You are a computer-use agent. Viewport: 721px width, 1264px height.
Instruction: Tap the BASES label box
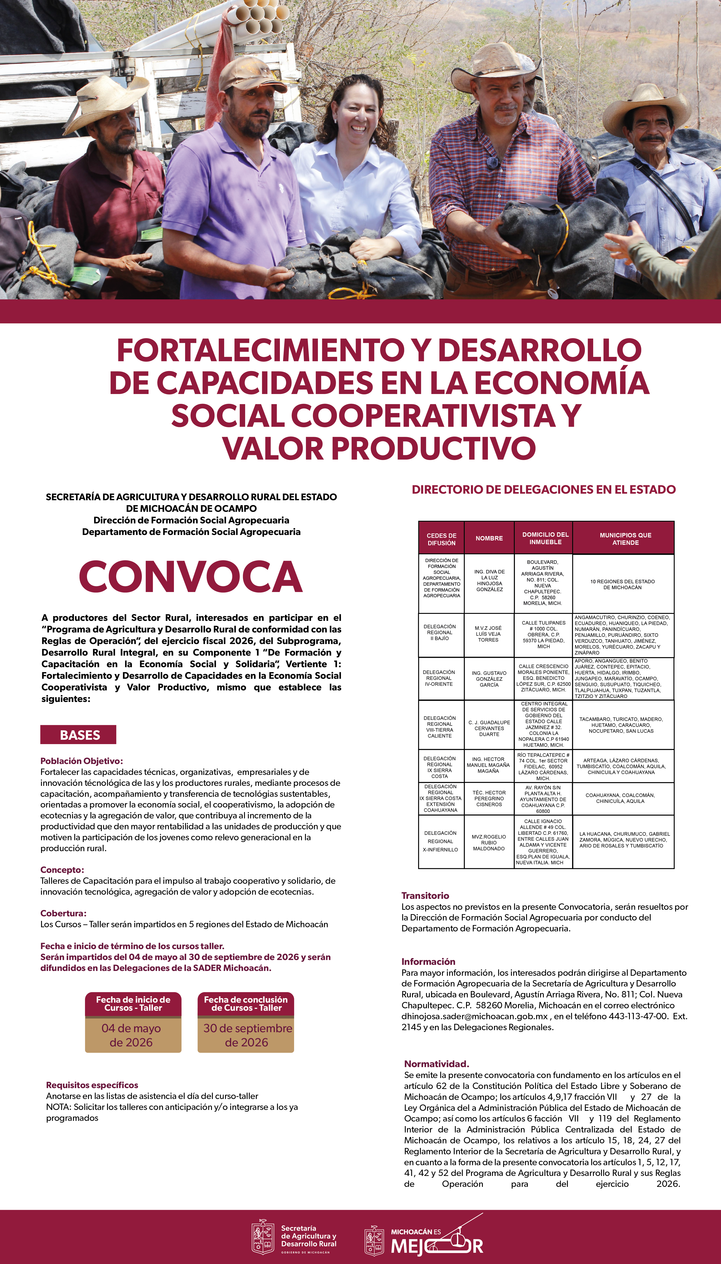78,734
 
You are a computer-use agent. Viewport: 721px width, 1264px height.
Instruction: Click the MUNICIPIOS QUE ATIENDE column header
625,538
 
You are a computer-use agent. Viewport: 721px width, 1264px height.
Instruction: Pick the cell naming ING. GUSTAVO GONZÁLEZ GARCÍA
489,679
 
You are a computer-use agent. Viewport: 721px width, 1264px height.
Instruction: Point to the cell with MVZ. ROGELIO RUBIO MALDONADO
489,842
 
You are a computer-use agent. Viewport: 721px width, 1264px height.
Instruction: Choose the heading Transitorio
425,896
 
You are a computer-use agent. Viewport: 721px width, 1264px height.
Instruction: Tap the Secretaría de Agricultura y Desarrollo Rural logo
294,1237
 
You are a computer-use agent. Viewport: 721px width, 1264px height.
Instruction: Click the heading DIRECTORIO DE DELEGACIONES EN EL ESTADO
543,489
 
